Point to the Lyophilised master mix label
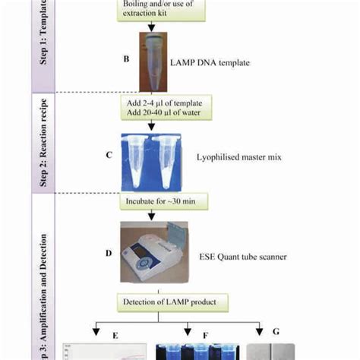[241, 153]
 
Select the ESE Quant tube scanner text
[246, 257]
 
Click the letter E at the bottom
[115, 332]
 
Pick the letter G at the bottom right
[276, 332]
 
